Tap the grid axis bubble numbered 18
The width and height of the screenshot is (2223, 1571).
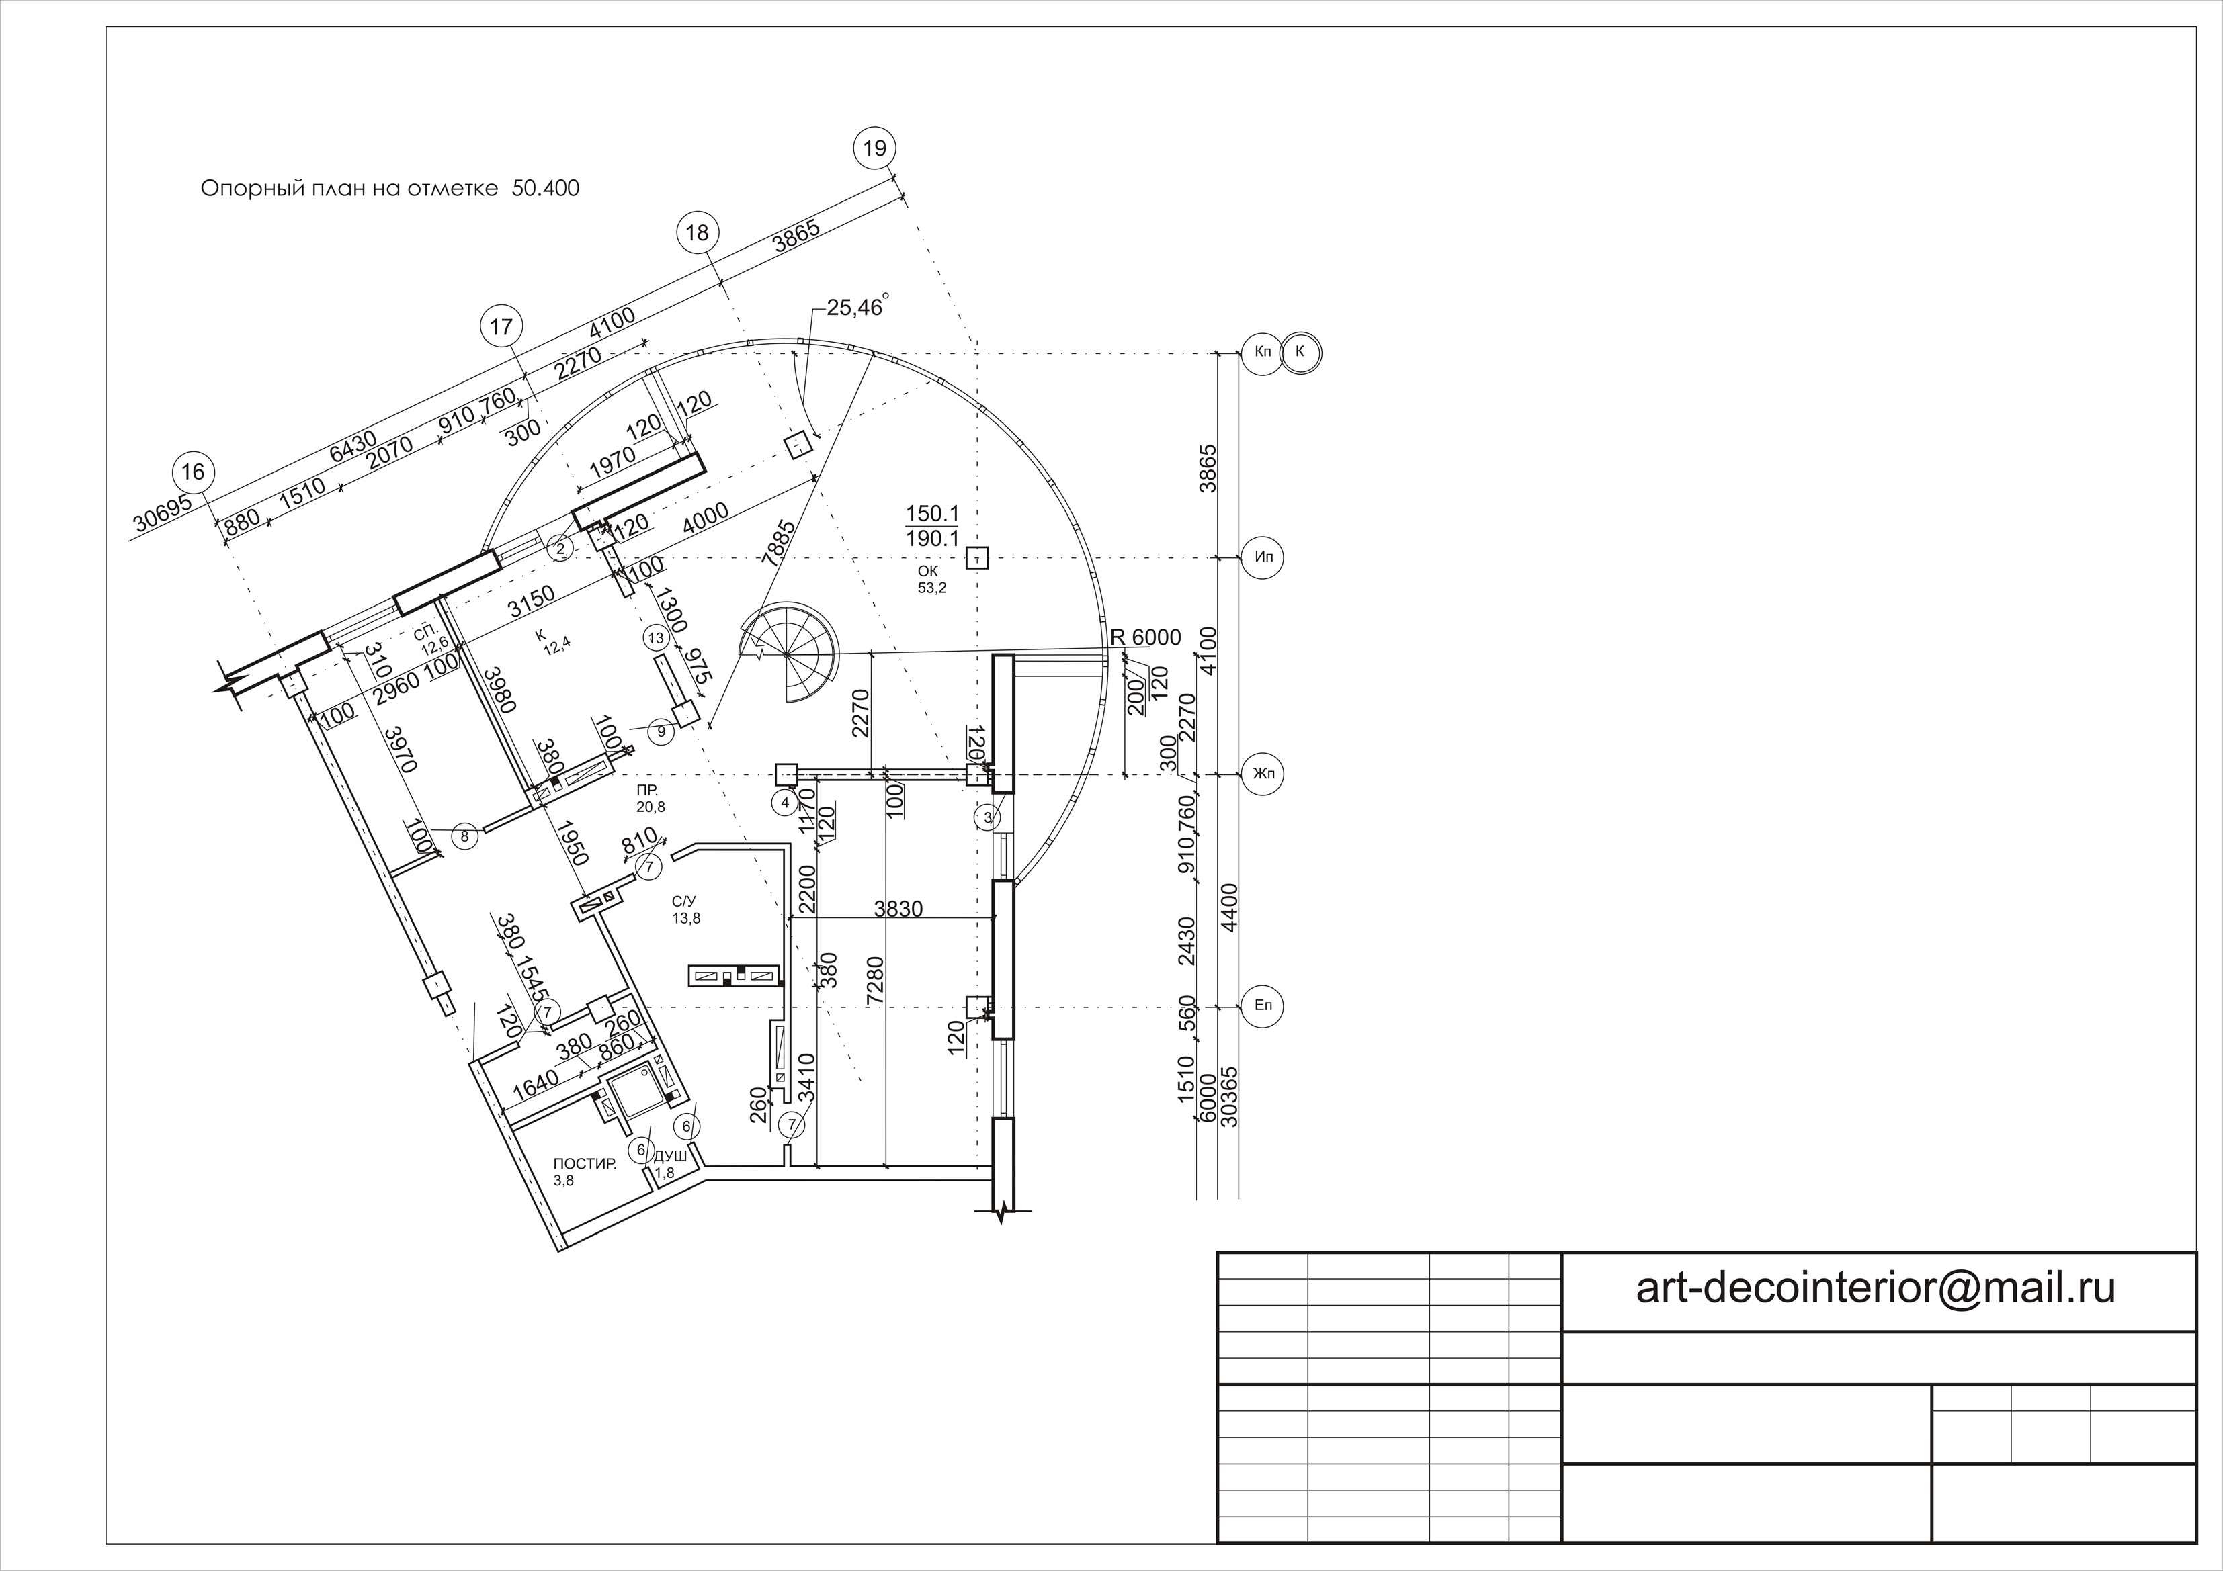[697, 232]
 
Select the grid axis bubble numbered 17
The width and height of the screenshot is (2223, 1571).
[501, 327]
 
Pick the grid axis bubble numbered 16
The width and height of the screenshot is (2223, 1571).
[194, 472]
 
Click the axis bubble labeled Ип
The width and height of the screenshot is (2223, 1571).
[1263, 557]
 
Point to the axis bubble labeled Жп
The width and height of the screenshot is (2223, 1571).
[1263, 774]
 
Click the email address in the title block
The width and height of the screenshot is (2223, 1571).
[1876, 1288]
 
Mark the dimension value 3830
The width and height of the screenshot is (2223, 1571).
[898, 909]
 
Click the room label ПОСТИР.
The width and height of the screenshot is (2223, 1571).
[584, 1163]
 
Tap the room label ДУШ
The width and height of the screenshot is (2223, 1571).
[671, 1157]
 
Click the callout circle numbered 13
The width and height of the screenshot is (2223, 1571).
[657, 638]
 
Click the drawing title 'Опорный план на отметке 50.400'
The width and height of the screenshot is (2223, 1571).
[390, 188]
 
